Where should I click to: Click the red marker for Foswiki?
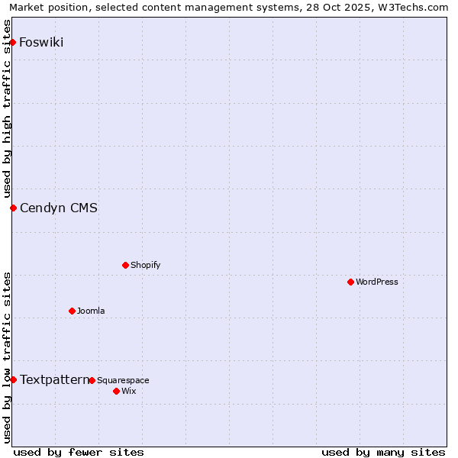pyautogui.click(x=13, y=42)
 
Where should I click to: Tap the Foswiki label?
pyautogui.click(x=41, y=42)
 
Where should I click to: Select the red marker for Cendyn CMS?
pyautogui.click(x=13, y=208)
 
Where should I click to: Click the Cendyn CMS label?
pyautogui.click(x=59, y=208)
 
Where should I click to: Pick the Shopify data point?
pyautogui.click(x=125, y=265)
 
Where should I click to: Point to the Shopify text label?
pyautogui.click(x=145, y=265)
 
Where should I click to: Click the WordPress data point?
pyautogui.click(x=350, y=282)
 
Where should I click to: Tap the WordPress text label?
pyautogui.click(x=377, y=282)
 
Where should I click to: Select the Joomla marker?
pyautogui.click(x=72, y=311)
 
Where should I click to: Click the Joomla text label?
pyautogui.click(x=91, y=311)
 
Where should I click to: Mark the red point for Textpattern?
pyautogui.click(x=13, y=379)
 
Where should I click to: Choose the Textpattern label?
pyautogui.click(x=54, y=379)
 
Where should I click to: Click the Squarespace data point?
pyautogui.click(x=92, y=380)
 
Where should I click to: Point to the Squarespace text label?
pyautogui.click(x=123, y=380)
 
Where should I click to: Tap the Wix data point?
pyautogui.click(x=116, y=391)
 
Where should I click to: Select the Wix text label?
pyautogui.click(x=129, y=391)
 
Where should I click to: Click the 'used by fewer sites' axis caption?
pyautogui.click(x=79, y=452)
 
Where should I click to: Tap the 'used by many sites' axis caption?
pyautogui.click(x=383, y=452)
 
